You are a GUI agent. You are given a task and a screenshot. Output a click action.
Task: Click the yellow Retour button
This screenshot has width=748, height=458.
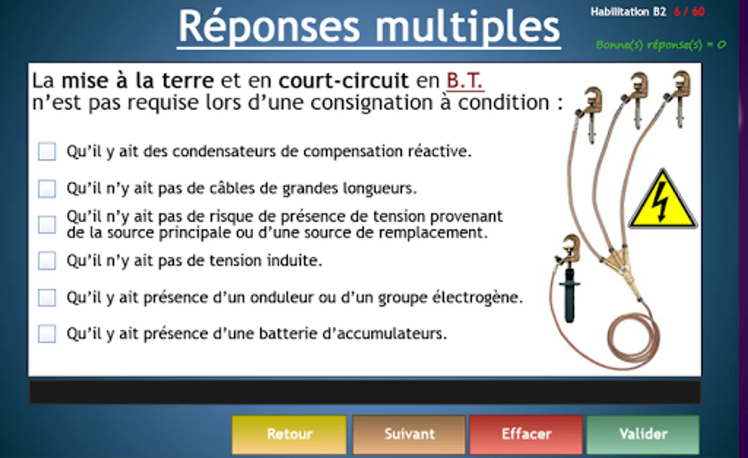289,434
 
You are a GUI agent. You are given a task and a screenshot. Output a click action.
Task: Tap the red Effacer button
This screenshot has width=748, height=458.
526,434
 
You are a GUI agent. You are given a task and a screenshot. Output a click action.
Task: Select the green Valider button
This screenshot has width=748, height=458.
643,434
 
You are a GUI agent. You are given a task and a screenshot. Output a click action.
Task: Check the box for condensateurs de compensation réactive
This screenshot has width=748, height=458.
47,152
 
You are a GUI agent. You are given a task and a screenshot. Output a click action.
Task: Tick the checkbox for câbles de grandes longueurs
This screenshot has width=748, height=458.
47,189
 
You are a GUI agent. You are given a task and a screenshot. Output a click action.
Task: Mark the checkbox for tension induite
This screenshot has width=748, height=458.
47,261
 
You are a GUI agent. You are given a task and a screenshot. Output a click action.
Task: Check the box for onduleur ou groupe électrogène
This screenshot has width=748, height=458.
47,297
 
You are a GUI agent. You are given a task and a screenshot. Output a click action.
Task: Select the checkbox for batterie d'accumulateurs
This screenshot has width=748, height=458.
47,333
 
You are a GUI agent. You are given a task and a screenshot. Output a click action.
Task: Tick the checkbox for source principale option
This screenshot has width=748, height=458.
47,224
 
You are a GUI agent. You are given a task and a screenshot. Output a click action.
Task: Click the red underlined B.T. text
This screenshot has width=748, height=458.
465,81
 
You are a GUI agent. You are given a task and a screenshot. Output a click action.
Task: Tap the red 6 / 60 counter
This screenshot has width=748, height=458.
689,12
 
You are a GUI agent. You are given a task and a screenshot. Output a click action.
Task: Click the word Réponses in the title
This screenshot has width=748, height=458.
269,26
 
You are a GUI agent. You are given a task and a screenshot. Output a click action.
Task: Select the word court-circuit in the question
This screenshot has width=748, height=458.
343,81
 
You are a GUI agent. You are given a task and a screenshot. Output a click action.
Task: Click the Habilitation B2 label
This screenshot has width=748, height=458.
628,12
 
